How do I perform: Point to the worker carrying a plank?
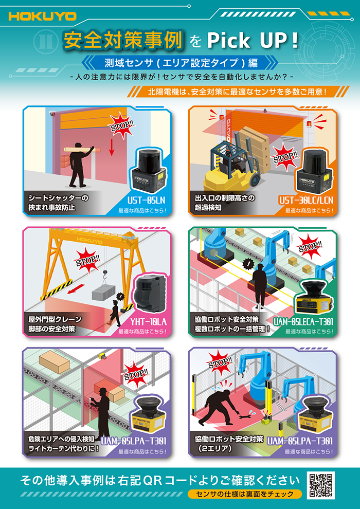point(80,163)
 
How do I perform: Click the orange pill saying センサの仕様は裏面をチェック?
point(244,494)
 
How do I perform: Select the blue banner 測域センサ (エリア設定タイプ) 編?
point(180,63)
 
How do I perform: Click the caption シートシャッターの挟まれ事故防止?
point(58,203)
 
